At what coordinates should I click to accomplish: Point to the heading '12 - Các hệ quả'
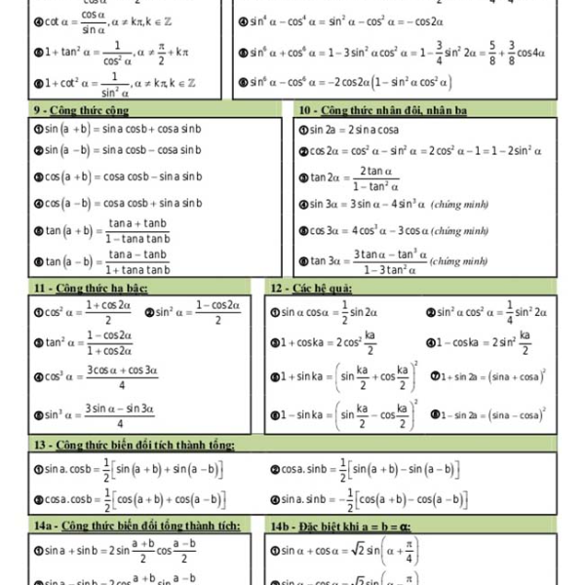click(311, 288)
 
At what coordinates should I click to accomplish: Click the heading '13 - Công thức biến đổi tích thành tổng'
click(133, 446)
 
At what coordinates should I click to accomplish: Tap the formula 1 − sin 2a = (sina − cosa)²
click(491, 414)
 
